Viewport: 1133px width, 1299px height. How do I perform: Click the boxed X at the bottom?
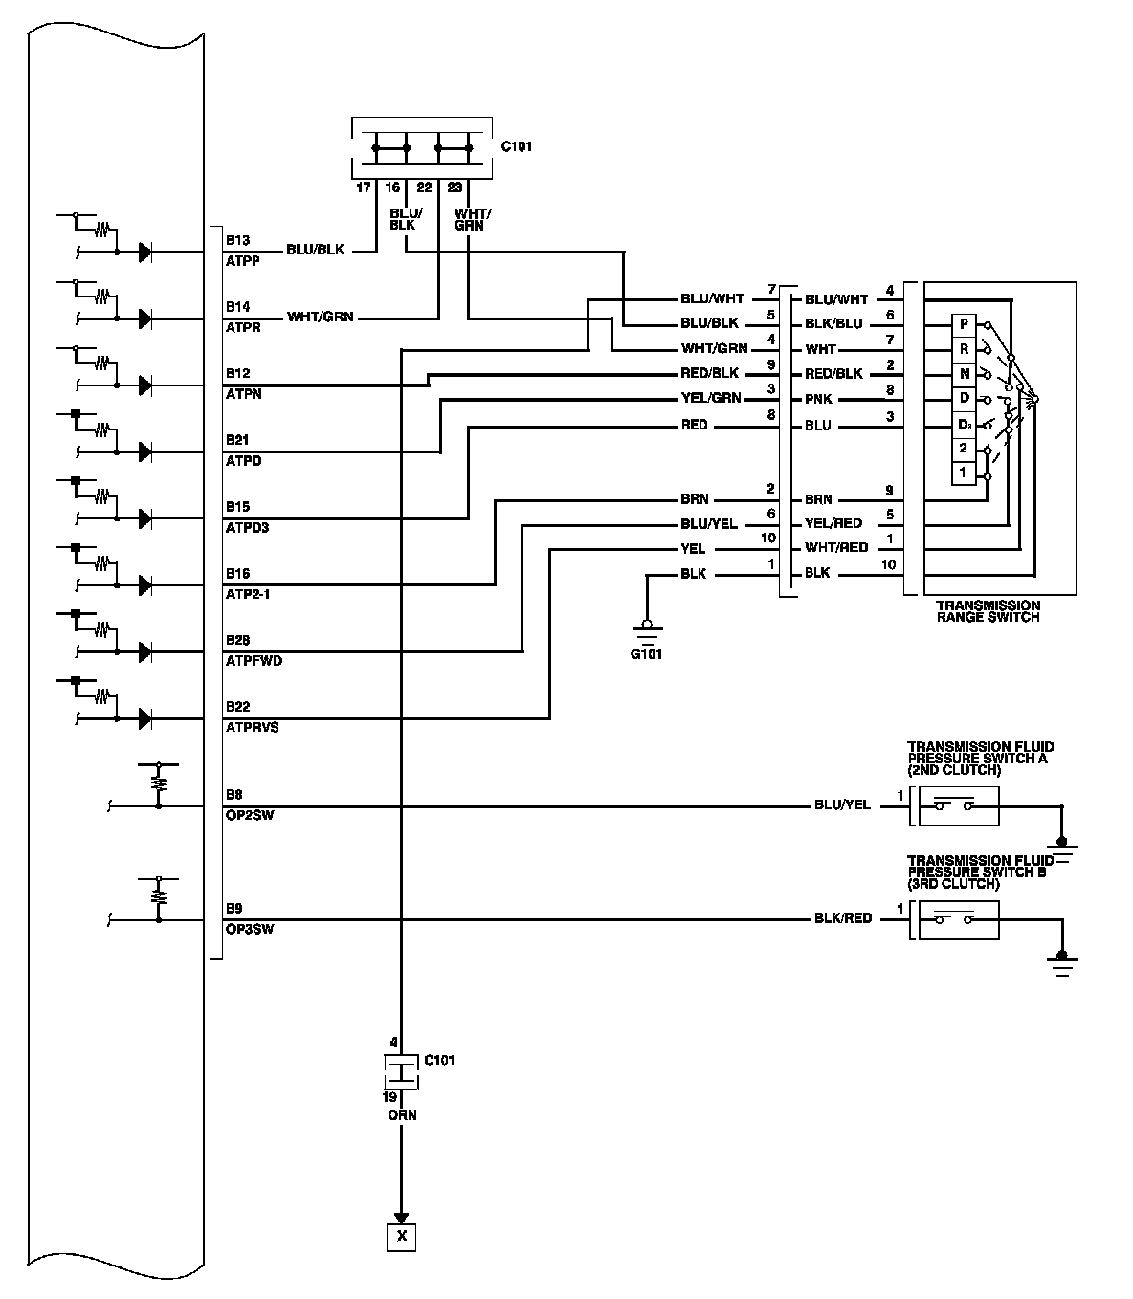pyautogui.click(x=402, y=1237)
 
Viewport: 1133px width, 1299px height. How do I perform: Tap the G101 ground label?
pyautogui.click(x=647, y=654)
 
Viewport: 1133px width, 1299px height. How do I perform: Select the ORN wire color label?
pyautogui.click(x=402, y=1115)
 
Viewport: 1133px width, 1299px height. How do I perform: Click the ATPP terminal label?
pyautogui.click(x=243, y=260)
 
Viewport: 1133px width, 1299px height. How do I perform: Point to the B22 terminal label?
pyautogui.click(x=238, y=706)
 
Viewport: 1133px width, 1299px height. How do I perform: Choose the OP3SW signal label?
pyautogui.click(x=250, y=928)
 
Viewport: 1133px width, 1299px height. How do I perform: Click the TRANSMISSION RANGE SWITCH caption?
pyautogui.click(x=988, y=611)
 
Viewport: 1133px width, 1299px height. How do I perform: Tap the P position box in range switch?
pyautogui.click(x=964, y=324)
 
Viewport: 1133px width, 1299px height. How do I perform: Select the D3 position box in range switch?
pyautogui.click(x=964, y=424)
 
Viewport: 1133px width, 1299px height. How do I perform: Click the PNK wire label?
pyautogui.click(x=819, y=399)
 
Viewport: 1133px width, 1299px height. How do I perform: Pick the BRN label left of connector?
pyautogui.click(x=695, y=499)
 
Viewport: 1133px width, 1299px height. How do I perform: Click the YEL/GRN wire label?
pyautogui.click(x=711, y=399)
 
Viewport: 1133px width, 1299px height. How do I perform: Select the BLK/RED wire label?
pyautogui.click(x=843, y=918)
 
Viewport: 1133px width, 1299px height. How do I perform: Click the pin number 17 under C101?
pyautogui.click(x=364, y=187)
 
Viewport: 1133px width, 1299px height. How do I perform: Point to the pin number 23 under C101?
pyautogui.click(x=455, y=187)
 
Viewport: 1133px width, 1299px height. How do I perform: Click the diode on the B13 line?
pyautogui.click(x=145, y=252)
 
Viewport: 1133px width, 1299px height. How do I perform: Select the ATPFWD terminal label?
pyautogui.click(x=254, y=661)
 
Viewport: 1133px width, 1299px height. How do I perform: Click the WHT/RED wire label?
pyautogui.click(x=835, y=548)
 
